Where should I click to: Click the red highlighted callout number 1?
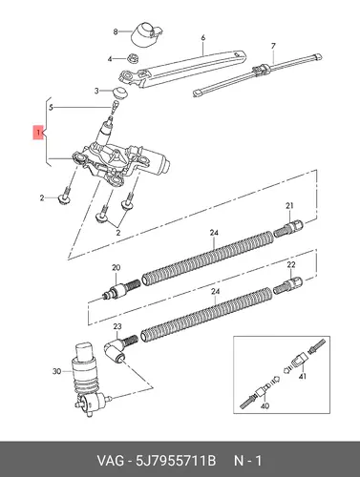38,133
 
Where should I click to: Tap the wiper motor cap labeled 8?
147,33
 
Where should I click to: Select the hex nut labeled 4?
132,58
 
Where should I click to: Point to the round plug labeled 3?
120,91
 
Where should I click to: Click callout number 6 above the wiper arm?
203,38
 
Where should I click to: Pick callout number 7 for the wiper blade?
273,46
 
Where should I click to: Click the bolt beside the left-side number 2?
65,197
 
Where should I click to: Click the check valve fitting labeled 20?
120,289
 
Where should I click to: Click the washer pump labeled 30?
89,381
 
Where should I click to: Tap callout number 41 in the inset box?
303,377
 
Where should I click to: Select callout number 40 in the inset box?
265,405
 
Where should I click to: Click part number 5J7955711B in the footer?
176,461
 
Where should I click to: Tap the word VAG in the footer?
111,461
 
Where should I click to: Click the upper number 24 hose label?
214,233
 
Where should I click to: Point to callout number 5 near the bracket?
51,108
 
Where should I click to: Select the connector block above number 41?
300,360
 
